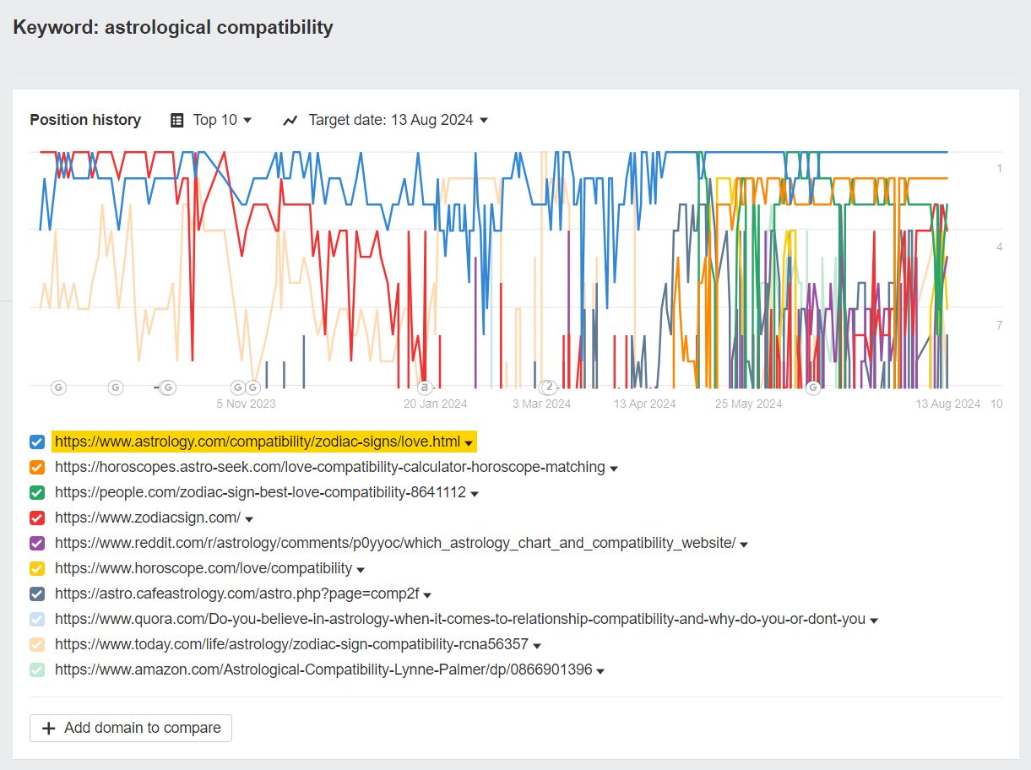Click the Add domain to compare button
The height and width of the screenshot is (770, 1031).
click(x=131, y=728)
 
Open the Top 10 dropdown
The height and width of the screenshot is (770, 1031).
click(x=211, y=120)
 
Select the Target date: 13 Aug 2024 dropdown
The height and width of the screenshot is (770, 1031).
click(x=386, y=120)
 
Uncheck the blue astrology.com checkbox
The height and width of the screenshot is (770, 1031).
click(x=37, y=442)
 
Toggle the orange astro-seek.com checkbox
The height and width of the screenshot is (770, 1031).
click(x=37, y=467)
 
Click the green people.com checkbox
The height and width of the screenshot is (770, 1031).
click(x=37, y=492)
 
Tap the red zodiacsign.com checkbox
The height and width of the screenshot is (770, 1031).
click(x=37, y=518)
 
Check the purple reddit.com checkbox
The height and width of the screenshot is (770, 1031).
click(x=37, y=543)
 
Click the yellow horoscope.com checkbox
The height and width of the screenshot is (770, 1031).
click(x=37, y=568)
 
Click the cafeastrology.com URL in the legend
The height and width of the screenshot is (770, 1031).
click(x=236, y=594)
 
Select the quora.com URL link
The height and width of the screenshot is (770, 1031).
click(x=459, y=619)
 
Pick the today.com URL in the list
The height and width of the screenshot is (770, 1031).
click(x=291, y=644)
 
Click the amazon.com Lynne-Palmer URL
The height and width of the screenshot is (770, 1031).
click(x=323, y=670)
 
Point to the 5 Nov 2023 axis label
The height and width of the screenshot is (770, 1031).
click(x=246, y=404)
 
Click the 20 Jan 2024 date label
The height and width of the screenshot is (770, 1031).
click(x=435, y=404)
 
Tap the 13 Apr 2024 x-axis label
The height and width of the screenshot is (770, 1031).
click(x=644, y=404)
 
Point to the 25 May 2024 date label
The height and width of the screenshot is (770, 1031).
click(x=748, y=404)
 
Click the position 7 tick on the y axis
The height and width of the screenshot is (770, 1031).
click(x=999, y=326)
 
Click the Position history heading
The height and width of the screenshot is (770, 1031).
click(x=85, y=120)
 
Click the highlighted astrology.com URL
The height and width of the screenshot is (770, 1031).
click(x=258, y=442)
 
